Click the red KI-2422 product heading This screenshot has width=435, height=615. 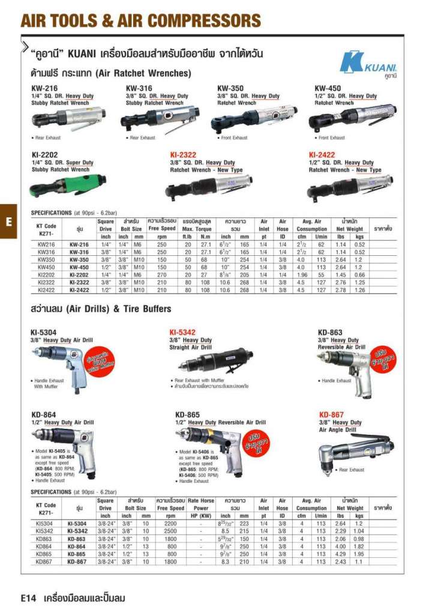tap(322, 154)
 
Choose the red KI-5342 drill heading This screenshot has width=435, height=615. tap(183, 332)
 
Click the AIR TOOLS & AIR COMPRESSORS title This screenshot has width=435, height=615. tap(141, 21)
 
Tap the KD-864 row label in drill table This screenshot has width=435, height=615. tap(79, 547)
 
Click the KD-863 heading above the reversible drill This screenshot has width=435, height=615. tap(330, 333)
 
